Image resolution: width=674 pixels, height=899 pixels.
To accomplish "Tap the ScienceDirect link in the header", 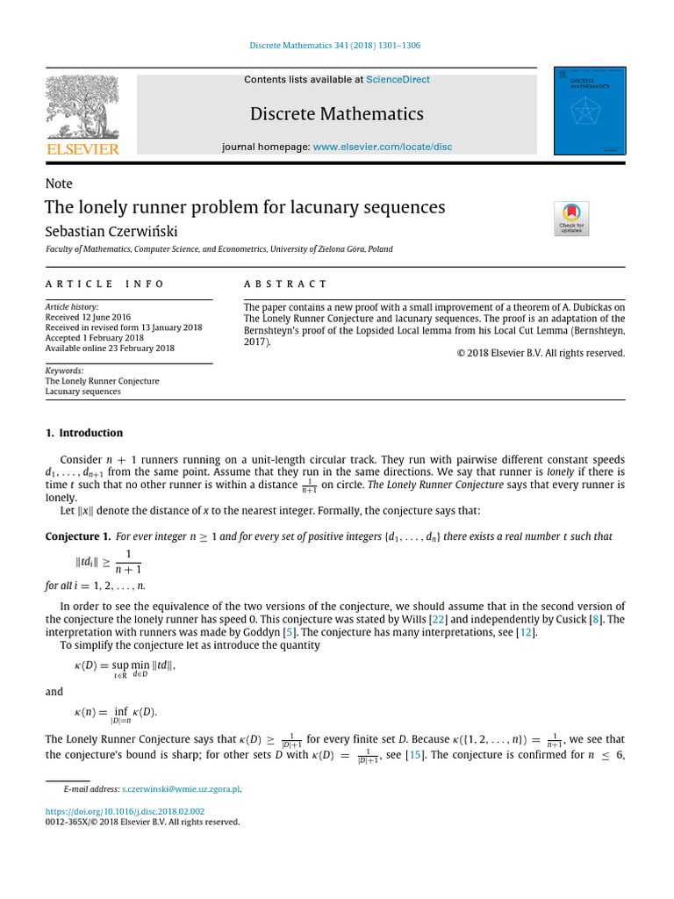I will coord(398,80).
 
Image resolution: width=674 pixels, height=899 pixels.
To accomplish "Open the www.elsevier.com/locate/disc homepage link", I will coord(383,147).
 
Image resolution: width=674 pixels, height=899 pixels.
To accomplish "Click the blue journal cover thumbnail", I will coord(589,111).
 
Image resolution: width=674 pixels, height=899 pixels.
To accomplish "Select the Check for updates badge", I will coord(571,219).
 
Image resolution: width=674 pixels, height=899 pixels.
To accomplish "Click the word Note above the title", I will coord(59,183).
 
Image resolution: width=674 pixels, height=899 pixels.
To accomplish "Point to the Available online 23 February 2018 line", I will coord(110,349).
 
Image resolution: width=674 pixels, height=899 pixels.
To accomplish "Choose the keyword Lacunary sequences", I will coord(83,392).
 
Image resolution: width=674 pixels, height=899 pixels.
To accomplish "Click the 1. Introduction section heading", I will coord(84,433).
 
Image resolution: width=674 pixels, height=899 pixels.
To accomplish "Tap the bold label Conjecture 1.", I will coord(77,536).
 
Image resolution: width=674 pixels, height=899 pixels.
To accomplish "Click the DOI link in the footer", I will coord(125,812).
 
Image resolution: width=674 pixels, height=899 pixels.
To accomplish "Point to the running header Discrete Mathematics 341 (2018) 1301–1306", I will coord(336,46).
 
